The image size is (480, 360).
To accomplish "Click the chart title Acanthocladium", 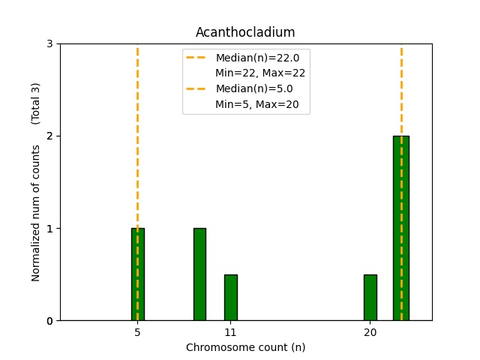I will click(245, 32).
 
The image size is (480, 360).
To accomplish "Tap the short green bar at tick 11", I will click(230, 298).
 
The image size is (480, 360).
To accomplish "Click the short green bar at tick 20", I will click(370, 298).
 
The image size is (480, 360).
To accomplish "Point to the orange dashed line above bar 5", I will click(137, 135).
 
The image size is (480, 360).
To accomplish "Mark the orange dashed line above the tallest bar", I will click(401, 90).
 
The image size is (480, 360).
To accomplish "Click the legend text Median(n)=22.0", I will click(257, 58).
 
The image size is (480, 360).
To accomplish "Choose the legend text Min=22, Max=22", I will click(260, 73).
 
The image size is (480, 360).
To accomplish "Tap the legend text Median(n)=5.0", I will click(254, 88).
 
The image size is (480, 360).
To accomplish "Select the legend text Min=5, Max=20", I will click(257, 104).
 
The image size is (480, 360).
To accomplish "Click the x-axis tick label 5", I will click(137, 332).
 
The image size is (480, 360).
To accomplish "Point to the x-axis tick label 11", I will click(230, 332).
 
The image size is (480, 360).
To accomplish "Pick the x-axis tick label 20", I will click(370, 332).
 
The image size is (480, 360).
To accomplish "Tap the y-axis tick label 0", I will click(49, 321).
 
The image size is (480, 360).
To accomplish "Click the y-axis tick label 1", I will click(49, 229).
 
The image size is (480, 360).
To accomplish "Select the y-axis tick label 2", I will click(49, 136).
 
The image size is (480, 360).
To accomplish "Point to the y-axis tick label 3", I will click(49, 44).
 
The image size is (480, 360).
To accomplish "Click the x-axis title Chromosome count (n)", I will click(245, 347).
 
